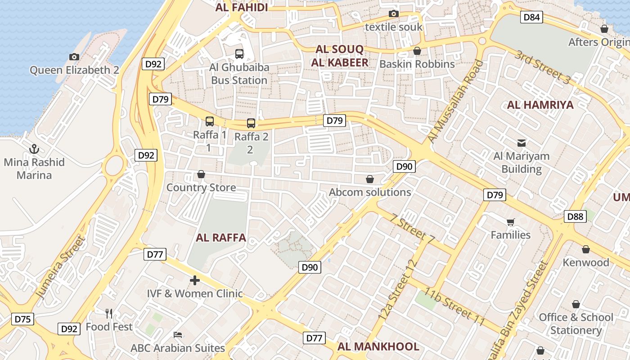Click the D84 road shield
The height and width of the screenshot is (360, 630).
coord(532,18)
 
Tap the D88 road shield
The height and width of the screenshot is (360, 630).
coord(575,216)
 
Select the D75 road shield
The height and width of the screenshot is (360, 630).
coord(22,319)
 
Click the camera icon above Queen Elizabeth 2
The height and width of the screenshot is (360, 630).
coord(74,57)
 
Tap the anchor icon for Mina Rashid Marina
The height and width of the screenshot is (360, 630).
coord(34,148)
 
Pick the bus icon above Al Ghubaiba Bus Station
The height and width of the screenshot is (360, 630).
coord(239,54)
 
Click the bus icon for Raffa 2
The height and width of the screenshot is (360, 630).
coord(251,123)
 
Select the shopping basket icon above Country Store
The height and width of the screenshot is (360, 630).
coord(201,174)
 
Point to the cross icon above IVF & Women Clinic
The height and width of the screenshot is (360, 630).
coord(195,281)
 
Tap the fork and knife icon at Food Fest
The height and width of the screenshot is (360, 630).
coord(109,313)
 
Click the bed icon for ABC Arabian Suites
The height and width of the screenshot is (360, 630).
coord(178,335)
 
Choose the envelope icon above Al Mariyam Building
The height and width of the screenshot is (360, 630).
coord(522,143)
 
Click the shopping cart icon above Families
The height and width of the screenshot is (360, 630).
coord(510,222)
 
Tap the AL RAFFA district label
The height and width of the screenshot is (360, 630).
coord(221,238)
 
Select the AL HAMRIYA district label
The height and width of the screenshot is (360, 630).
coord(540,105)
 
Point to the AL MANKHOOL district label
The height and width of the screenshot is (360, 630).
coord(378,346)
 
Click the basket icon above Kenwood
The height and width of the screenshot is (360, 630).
coord(586,249)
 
